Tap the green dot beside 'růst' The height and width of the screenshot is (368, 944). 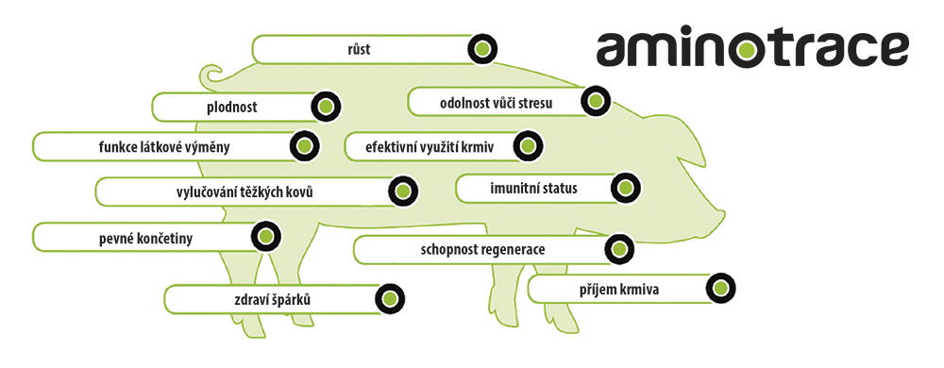tap(482, 48)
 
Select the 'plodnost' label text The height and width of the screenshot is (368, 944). tap(232, 108)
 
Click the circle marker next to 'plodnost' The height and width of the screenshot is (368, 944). tap(325, 107)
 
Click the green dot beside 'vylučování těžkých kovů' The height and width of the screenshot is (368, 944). tap(402, 191)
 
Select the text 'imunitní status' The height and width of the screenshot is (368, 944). tap(533, 188)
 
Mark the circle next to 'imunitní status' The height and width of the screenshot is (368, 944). tap(624, 188)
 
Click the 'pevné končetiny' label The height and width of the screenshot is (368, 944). tap(145, 238)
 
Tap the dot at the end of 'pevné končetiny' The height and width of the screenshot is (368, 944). tap(265, 237)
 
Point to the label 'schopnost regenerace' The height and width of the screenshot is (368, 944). tap(482, 249)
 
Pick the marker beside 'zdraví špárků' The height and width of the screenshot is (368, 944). tap(388, 299)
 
